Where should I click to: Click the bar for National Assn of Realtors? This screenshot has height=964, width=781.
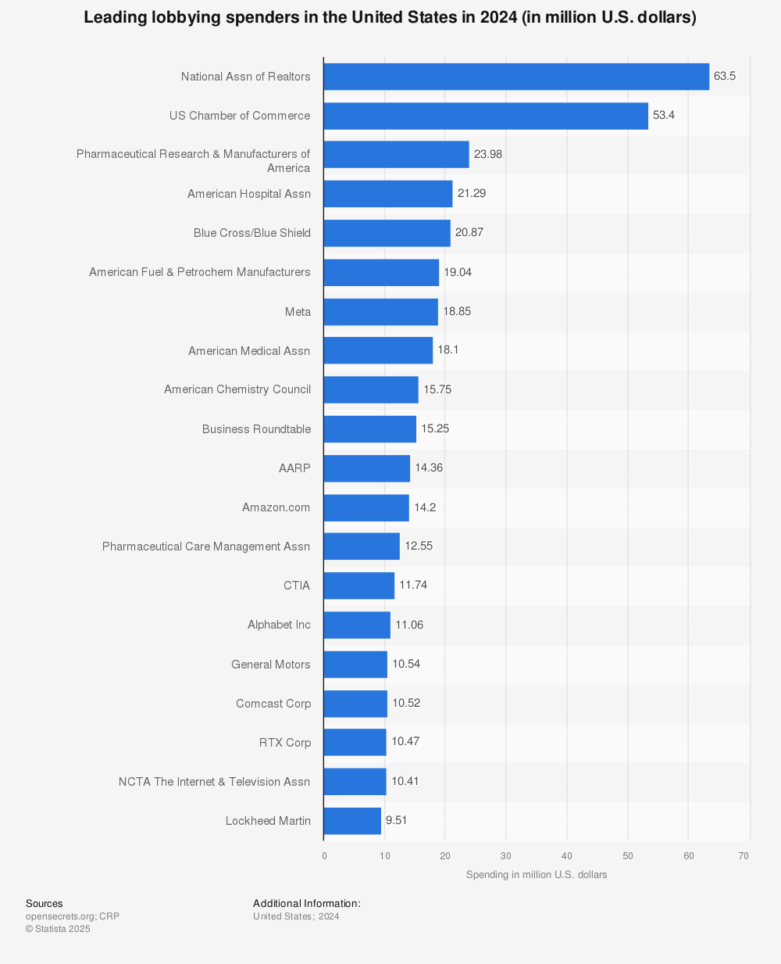click(516, 77)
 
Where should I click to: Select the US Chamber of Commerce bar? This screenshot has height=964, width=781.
click(486, 116)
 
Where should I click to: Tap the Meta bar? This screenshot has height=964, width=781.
click(380, 311)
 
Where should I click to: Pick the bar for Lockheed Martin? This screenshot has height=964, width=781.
click(352, 821)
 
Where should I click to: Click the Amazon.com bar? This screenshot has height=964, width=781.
click(366, 507)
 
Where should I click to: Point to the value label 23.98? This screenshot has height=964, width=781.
click(488, 154)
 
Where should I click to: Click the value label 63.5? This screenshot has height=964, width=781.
click(725, 76)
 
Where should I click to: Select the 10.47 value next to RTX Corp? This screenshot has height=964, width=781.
click(405, 741)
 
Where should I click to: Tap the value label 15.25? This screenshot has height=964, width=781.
click(435, 428)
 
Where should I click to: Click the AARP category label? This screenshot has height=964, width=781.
click(294, 468)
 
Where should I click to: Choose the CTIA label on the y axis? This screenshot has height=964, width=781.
click(297, 586)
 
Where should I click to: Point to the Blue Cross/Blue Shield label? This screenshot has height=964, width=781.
click(252, 233)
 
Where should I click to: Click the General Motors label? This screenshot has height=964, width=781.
click(271, 665)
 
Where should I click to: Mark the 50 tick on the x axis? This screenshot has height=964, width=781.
click(628, 856)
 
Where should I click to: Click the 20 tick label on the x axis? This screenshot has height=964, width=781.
click(445, 856)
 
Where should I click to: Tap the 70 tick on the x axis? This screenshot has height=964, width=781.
click(744, 856)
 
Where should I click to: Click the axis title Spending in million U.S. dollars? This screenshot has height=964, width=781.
click(537, 875)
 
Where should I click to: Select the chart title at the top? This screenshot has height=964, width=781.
click(390, 17)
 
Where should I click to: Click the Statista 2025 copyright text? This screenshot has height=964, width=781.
click(58, 929)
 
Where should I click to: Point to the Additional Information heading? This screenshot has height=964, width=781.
click(307, 904)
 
